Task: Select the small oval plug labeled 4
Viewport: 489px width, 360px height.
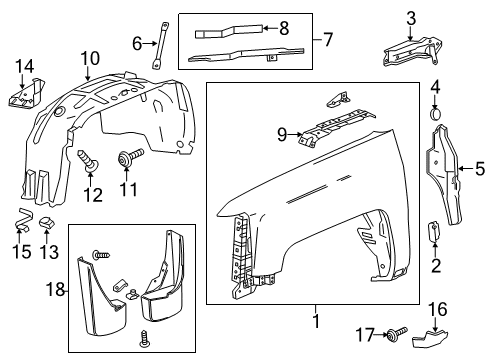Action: pyautogui.click(x=435, y=117)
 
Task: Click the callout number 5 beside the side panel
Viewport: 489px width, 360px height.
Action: pyautogui.click(x=478, y=168)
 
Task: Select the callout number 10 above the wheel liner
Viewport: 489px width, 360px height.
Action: pyautogui.click(x=90, y=57)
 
